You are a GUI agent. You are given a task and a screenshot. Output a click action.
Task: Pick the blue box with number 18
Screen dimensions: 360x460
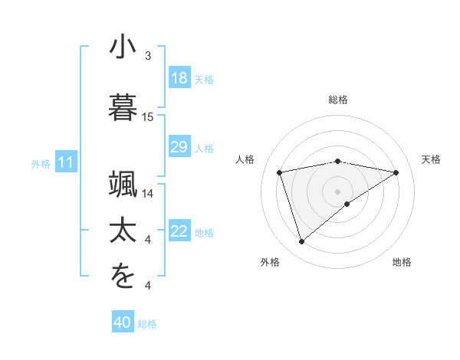pos(179,78)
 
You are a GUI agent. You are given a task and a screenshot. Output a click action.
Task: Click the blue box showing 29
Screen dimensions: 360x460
pos(179,147)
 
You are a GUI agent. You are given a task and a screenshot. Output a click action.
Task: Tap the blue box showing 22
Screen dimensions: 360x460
pos(179,231)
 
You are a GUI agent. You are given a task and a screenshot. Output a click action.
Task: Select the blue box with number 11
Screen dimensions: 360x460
pos(66,162)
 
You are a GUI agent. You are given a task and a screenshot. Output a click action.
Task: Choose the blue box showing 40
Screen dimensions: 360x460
pos(123,322)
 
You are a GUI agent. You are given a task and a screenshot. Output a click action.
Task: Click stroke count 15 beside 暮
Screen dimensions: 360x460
pos(148,117)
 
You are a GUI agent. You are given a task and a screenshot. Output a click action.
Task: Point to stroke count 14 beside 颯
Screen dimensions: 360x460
pos(148,194)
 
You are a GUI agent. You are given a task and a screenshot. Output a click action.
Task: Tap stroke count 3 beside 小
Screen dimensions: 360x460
pos(148,56)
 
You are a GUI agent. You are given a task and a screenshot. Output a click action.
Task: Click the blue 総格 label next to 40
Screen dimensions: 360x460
pos(147,324)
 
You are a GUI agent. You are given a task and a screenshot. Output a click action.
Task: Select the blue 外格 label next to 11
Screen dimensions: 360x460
pos(41,163)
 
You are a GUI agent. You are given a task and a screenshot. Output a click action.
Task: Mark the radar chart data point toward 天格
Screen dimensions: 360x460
pos(396,172)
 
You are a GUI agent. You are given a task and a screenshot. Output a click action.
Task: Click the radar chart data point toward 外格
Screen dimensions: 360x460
pos(301,242)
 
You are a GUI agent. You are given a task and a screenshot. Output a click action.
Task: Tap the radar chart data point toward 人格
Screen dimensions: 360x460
pos(280,172)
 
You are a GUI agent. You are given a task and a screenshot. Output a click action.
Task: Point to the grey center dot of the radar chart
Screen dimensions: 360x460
pos(338,191)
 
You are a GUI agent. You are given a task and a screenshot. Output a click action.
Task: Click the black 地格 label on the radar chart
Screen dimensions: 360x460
pos(402,263)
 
